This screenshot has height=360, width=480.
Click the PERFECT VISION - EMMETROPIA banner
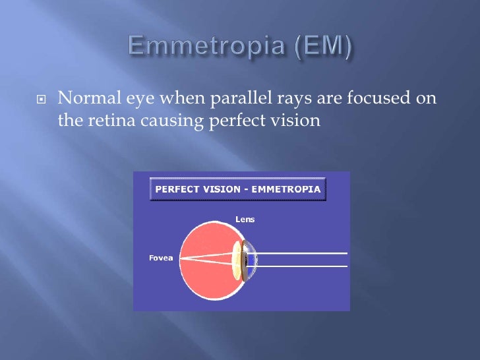coord(238,189)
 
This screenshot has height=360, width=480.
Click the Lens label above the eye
coord(245,219)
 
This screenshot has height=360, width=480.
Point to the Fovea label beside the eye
coord(160,258)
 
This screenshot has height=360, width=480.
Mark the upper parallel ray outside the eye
coord(303,253)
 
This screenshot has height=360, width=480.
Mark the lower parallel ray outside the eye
coord(303,266)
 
